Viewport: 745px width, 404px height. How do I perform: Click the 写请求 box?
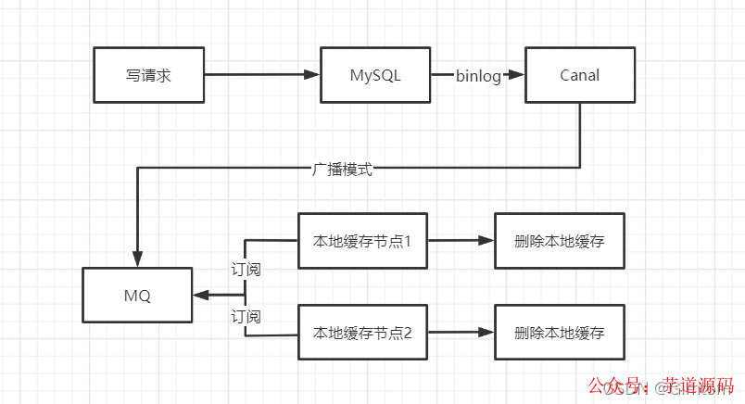(148, 74)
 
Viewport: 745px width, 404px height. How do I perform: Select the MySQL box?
(375, 74)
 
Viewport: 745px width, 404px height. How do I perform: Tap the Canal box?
(580, 74)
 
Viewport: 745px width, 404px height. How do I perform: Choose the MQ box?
(137, 296)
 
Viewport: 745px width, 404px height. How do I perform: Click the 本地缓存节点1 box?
(362, 241)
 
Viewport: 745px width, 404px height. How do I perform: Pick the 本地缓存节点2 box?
(362, 333)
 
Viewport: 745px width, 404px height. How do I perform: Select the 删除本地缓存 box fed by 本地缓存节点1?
(560, 241)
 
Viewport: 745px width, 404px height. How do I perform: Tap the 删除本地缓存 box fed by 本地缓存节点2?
(560, 333)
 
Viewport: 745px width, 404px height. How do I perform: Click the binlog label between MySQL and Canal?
(478, 76)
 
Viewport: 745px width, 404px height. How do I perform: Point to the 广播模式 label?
(342, 170)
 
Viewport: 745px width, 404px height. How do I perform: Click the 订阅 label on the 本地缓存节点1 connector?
(246, 270)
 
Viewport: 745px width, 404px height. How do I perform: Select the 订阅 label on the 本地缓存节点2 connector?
(246, 317)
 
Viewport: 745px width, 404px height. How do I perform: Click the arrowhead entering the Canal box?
(518, 75)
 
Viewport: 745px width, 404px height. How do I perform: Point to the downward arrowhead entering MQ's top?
(138, 259)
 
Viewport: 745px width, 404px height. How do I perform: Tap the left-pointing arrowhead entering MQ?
(200, 296)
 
